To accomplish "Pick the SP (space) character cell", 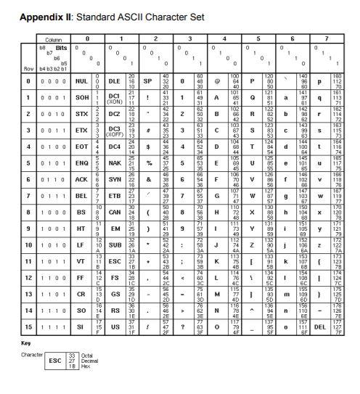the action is coord(148,81).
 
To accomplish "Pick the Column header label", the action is coord(54,38).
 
